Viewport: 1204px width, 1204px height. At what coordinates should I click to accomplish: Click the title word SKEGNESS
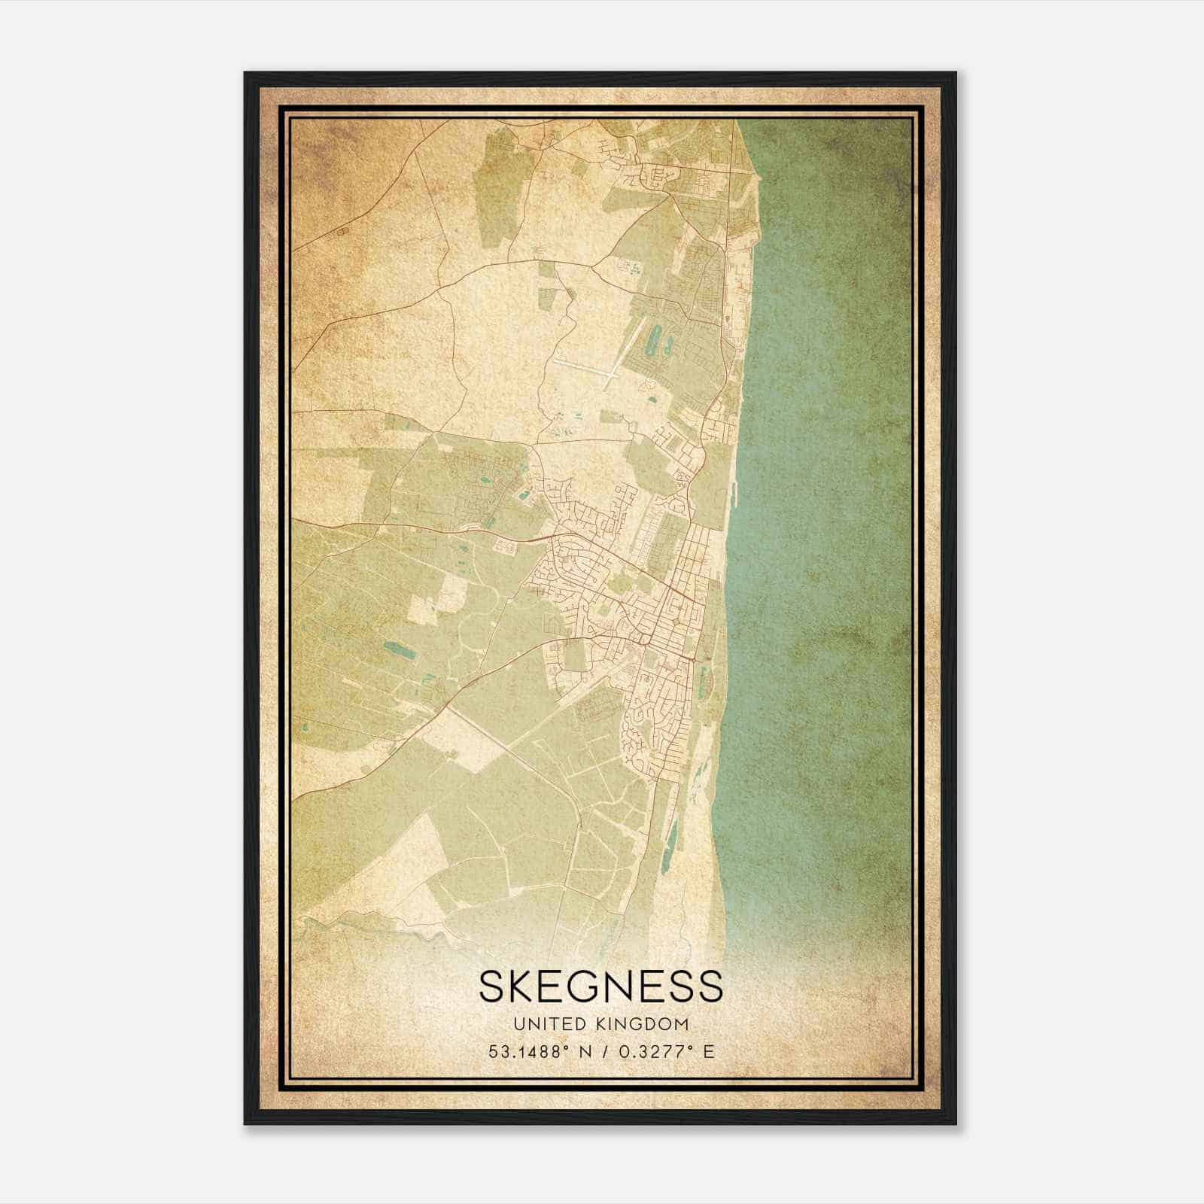tap(600, 986)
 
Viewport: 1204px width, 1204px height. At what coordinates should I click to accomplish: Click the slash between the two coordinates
tap(598, 1051)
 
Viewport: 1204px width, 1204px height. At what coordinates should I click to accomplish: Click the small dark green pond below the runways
tap(646, 385)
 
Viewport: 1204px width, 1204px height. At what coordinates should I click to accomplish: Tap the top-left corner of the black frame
tap(245, 73)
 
